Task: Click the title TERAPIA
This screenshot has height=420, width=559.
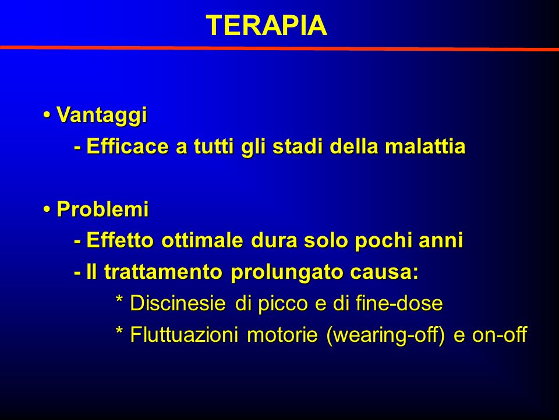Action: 266,25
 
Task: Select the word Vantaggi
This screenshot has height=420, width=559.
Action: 101,116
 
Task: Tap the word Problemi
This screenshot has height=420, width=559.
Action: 102,209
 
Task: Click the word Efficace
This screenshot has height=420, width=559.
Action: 128,146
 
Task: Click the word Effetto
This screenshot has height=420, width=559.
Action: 120,240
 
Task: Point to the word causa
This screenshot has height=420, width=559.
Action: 381,273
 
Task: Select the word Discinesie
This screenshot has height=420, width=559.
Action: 178,303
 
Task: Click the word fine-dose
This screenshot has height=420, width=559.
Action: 399,303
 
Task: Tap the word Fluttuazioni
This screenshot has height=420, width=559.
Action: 184,335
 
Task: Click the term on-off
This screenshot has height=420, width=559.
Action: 500,335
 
